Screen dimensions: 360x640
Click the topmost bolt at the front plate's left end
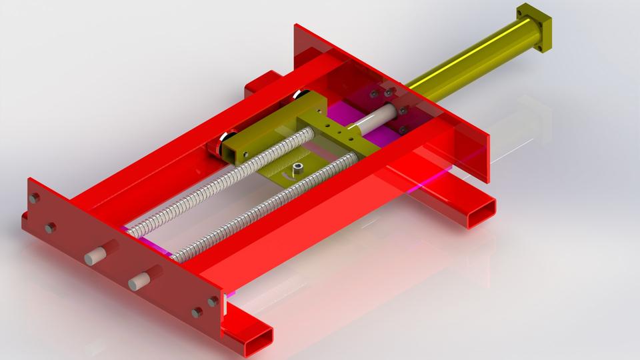(x=35, y=198)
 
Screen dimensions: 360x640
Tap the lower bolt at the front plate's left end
(x=50, y=228)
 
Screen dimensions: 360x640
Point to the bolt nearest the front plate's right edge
(x=213, y=301)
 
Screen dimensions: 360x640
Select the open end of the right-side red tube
(x=482, y=214)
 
